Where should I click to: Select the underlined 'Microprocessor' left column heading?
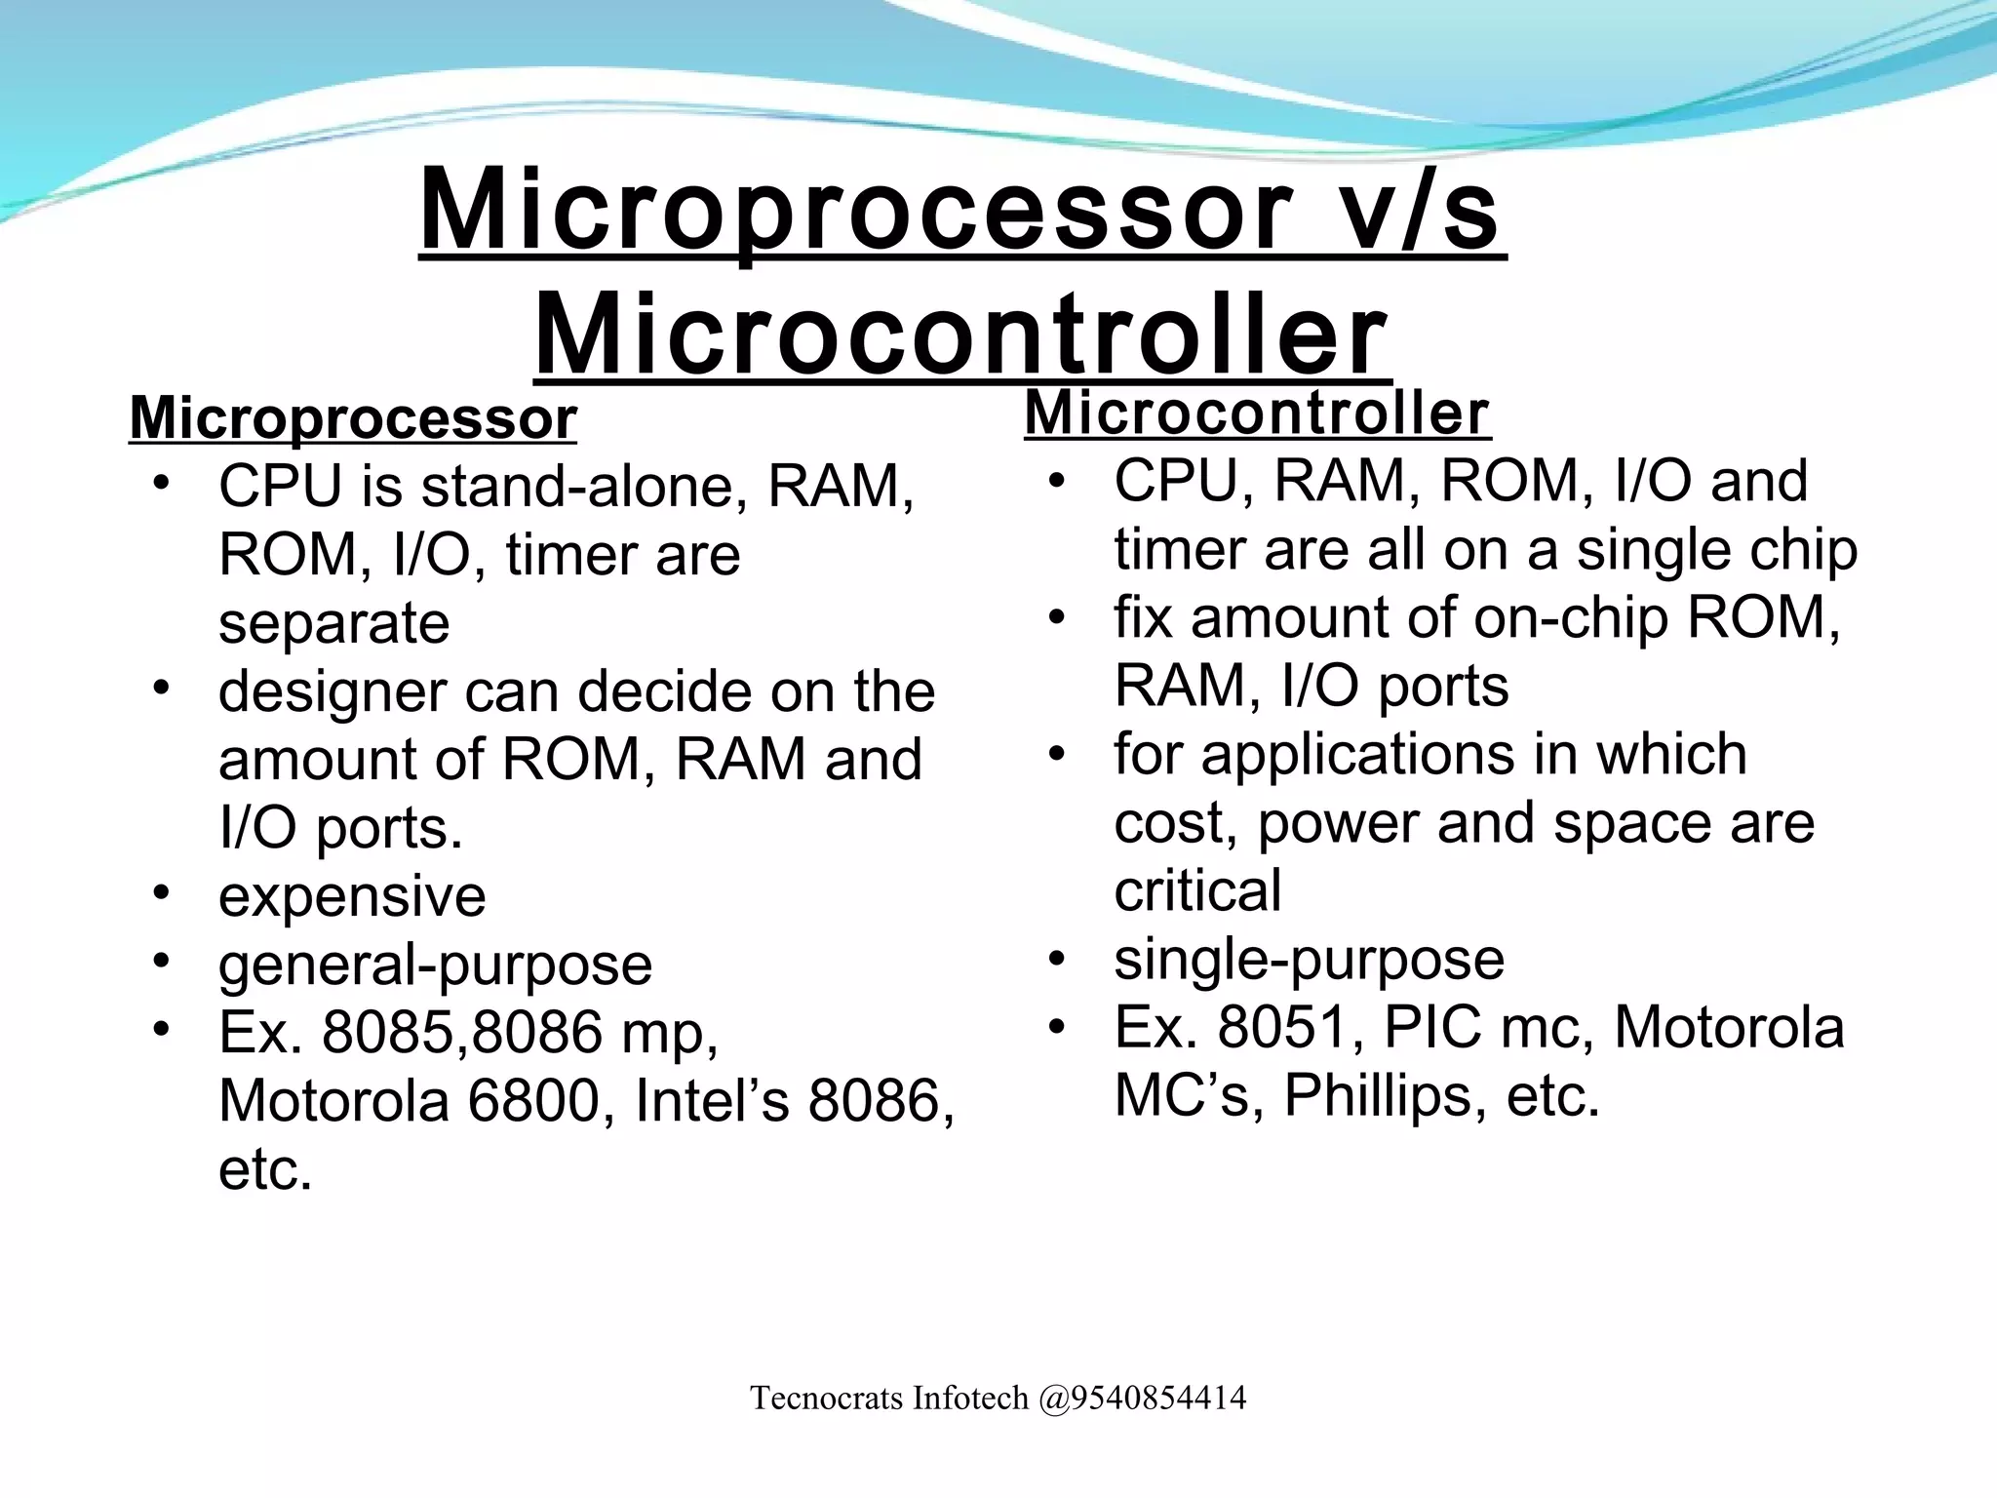coord(352,419)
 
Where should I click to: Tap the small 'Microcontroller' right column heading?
coord(1257,414)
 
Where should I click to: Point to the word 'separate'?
coord(333,623)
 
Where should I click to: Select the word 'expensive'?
coord(352,896)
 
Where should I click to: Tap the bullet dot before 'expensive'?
coord(162,891)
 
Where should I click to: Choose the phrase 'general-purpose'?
coord(435,965)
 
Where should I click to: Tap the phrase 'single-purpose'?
coord(1309,960)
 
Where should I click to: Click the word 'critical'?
coord(1197,891)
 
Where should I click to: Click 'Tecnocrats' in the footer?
coord(827,1399)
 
